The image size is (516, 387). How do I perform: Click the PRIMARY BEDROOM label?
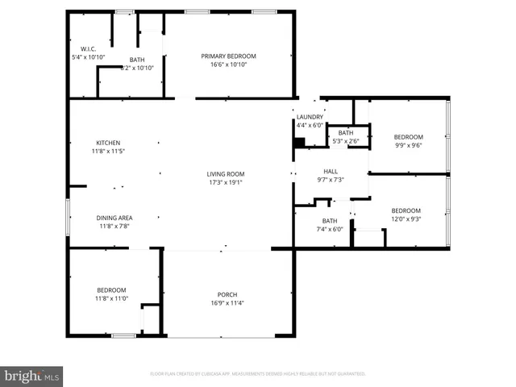(x=228, y=56)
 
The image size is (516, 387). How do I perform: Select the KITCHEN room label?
(x=108, y=143)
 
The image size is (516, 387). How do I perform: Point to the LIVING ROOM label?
(x=226, y=174)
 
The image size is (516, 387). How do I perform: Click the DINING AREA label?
(x=114, y=218)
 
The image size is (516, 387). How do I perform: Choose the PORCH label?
(x=227, y=294)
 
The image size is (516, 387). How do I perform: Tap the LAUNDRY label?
(x=310, y=117)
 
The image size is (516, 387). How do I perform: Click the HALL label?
(x=331, y=171)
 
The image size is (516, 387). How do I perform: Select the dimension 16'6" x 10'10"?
(x=228, y=64)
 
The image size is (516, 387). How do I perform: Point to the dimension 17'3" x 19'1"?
(x=226, y=182)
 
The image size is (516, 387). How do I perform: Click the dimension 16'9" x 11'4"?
(x=227, y=303)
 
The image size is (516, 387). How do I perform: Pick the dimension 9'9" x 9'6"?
(x=408, y=146)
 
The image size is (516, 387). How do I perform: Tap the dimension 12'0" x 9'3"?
(x=406, y=218)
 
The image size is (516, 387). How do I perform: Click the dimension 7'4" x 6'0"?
(x=330, y=229)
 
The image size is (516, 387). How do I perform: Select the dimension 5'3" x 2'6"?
(x=346, y=141)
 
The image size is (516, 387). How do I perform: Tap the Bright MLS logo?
(x=32, y=376)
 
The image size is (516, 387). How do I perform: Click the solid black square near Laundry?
(x=299, y=143)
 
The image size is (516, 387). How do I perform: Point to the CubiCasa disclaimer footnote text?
(x=258, y=374)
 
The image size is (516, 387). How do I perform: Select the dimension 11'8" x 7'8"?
(x=114, y=226)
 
